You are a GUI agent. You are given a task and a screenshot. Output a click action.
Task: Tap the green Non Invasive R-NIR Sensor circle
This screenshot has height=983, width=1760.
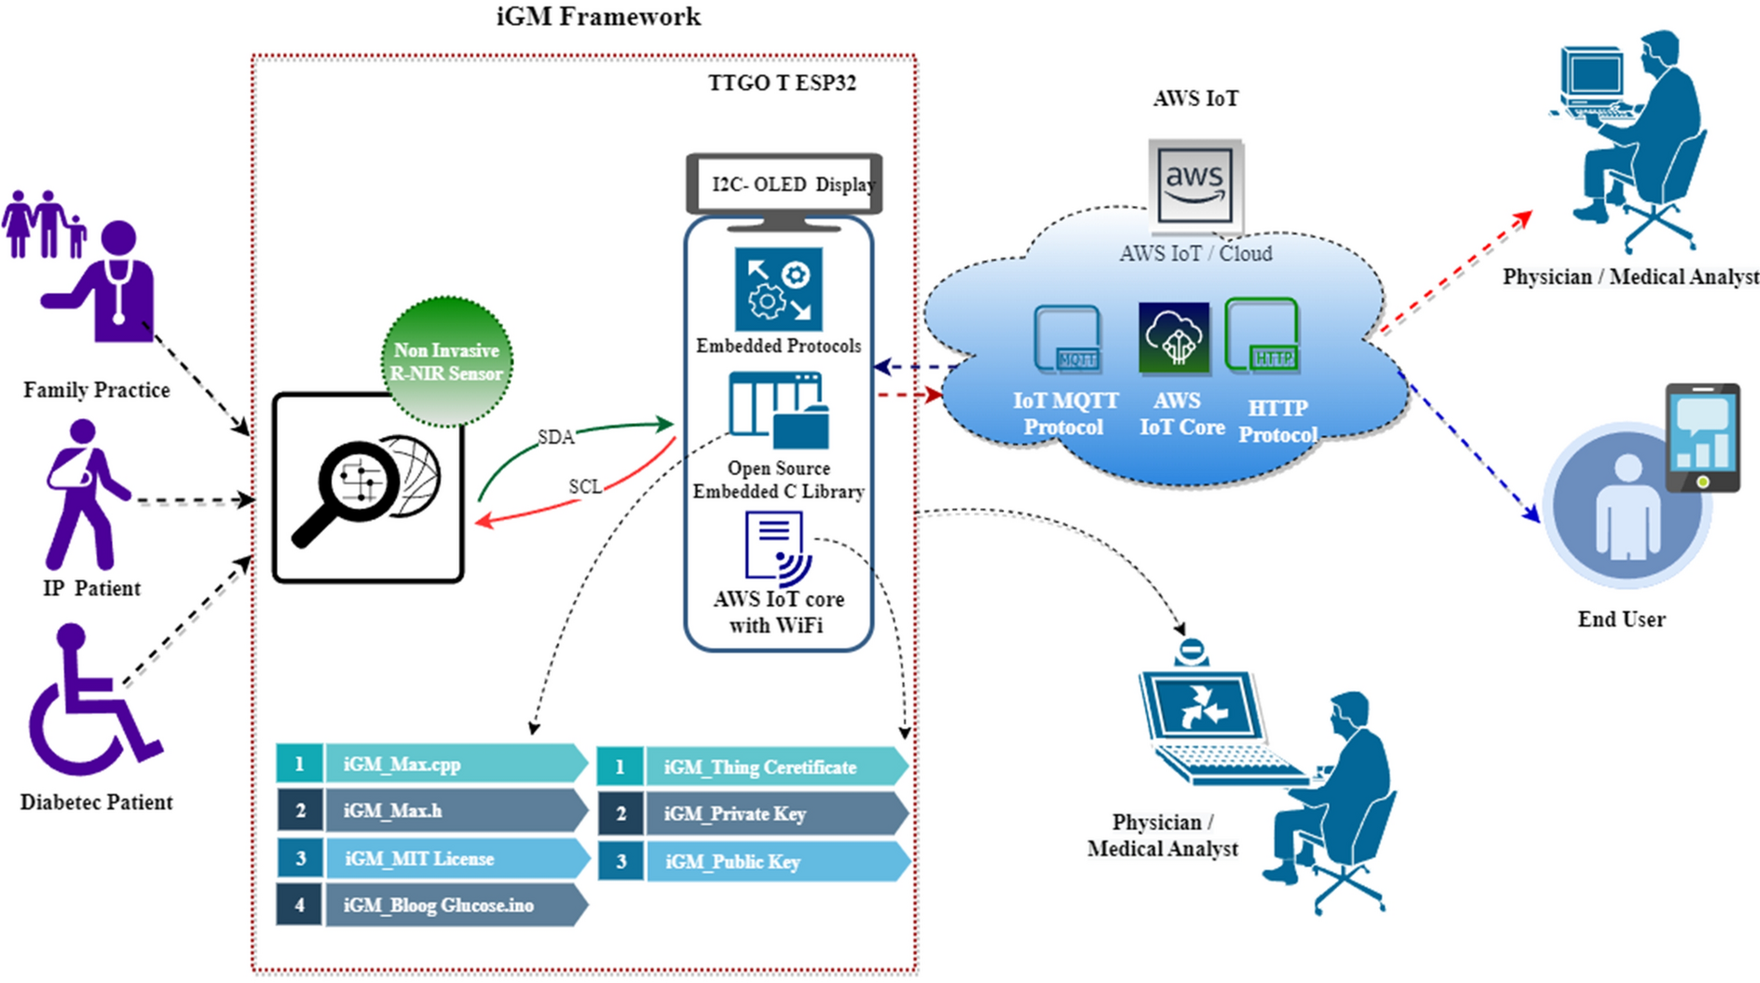point(447,362)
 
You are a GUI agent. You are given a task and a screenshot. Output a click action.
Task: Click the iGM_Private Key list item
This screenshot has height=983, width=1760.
point(753,813)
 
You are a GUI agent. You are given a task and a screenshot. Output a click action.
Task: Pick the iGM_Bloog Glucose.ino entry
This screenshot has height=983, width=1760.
point(432,905)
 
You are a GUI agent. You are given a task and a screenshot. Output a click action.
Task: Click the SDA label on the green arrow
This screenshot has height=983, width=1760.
point(555,437)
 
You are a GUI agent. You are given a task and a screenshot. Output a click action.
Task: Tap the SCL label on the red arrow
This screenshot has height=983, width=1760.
point(585,486)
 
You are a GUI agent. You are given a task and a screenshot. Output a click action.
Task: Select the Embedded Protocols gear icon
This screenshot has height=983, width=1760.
point(778,289)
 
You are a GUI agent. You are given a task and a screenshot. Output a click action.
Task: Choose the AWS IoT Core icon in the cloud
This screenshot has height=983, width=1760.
point(1174,337)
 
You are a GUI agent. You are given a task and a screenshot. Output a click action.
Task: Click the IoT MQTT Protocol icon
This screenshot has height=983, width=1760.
point(1067,339)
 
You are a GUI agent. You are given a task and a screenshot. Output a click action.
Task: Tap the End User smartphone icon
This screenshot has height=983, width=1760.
point(1702,437)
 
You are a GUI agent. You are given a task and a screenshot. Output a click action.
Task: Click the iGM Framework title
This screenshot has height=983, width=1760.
point(598,17)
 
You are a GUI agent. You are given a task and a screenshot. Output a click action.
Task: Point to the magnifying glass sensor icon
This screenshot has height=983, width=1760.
point(367,488)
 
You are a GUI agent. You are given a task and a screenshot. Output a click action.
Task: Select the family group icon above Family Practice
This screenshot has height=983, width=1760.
point(44,225)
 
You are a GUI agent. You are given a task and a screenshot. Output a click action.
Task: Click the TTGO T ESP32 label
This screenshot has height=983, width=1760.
point(782,83)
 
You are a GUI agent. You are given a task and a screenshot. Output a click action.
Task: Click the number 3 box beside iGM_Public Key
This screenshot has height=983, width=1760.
point(621,862)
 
